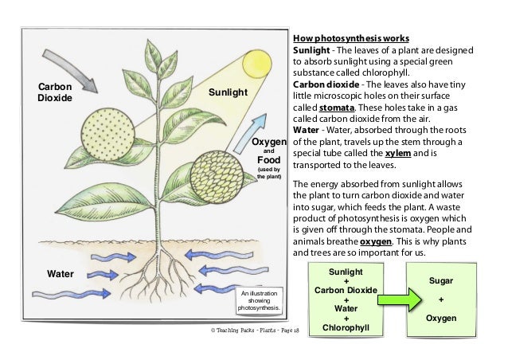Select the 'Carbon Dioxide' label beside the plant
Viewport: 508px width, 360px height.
[54, 92]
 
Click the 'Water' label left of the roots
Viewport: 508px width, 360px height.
[60, 273]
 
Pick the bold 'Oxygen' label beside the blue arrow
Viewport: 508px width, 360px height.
[269, 142]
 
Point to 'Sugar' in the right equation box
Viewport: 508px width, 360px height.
[442, 281]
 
